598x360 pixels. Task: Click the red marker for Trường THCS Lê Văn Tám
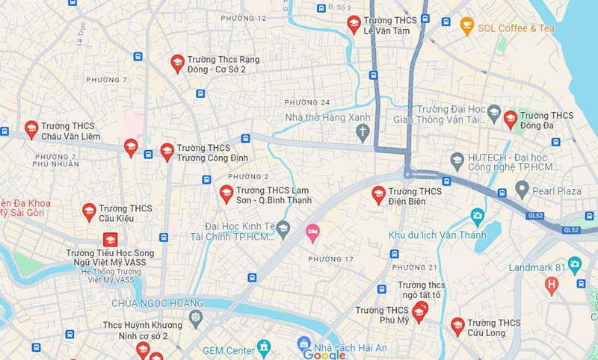[354, 25]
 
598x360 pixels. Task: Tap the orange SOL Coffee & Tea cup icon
[467, 27]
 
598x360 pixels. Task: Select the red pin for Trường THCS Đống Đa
[510, 119]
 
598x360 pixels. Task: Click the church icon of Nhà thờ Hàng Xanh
[363, 133]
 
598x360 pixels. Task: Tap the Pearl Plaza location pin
[522, 190]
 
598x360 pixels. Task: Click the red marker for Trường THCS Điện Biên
[378, 195]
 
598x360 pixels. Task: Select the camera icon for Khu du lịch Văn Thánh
[477, 217]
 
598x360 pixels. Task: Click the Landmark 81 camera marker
[574, 264]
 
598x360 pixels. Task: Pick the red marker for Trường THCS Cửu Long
[457, 326]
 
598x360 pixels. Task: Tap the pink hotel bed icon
[312, 233]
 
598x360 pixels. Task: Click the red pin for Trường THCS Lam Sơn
[226, 194]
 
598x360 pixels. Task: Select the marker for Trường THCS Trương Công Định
[167, 152]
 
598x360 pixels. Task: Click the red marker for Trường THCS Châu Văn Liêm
[31, 129]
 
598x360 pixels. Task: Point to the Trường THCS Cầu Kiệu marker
[89, 212]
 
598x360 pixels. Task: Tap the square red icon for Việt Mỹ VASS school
[110, 240]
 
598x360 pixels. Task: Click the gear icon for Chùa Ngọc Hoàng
[196, 317]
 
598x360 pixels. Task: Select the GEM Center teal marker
[263, 347]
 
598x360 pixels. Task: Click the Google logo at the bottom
[324, 354]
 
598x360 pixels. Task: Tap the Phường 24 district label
[306, 102]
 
